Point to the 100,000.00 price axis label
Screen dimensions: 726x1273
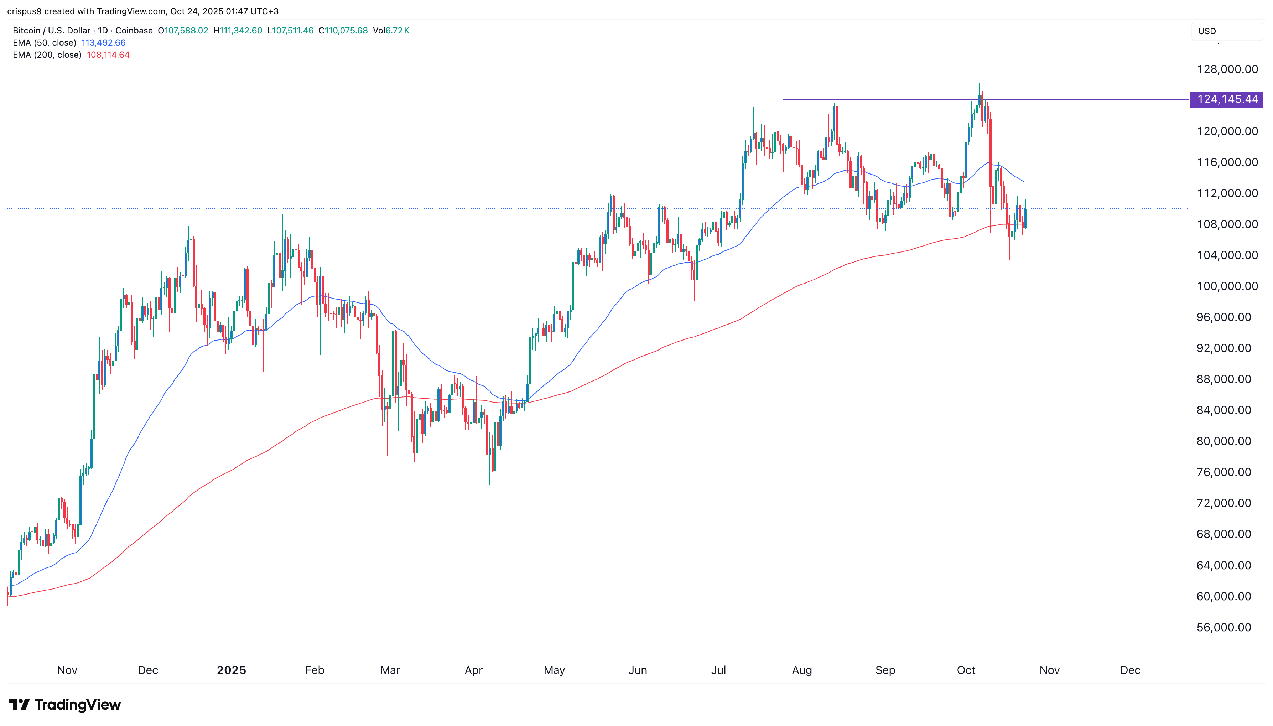[x=1227, y=286]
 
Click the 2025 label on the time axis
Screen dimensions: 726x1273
[x=231, y=670]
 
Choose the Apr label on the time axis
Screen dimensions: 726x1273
[x=473, y=670]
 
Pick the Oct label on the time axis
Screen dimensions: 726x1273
[x=966, y=670]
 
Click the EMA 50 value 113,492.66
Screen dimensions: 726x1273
[x=103, y=43]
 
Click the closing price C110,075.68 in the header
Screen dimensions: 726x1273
[x=343, y=30]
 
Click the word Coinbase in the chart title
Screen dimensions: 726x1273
[x=134, y=30]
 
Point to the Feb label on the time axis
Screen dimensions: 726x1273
[x=314, y=670]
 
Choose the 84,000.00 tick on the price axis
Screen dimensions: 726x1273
[x=1223, y=410]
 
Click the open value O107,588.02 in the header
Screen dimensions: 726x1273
[x=183, y=30]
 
